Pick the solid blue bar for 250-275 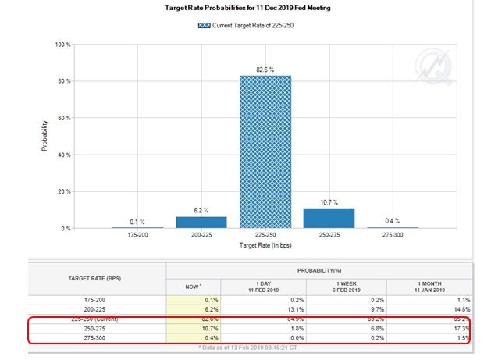pos(329,218)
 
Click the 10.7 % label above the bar pos(329,202)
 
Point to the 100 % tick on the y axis pos(63,45)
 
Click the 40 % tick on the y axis pos(65,155)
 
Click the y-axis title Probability pos(44,136)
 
